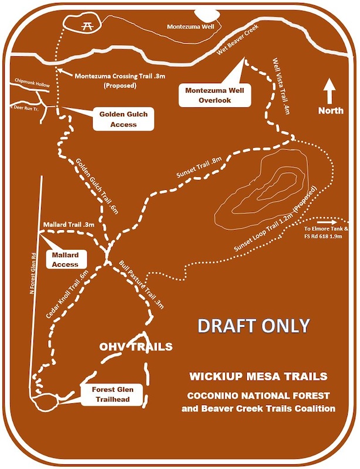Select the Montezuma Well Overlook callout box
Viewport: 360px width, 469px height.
(209, 96)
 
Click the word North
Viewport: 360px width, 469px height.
(331, 111)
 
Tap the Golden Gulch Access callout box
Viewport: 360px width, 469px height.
(123, 120)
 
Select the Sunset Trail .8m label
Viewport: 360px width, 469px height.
(201, 168)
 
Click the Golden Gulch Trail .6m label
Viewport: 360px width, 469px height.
(97, 186)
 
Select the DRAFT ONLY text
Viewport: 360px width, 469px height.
(254, 326)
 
